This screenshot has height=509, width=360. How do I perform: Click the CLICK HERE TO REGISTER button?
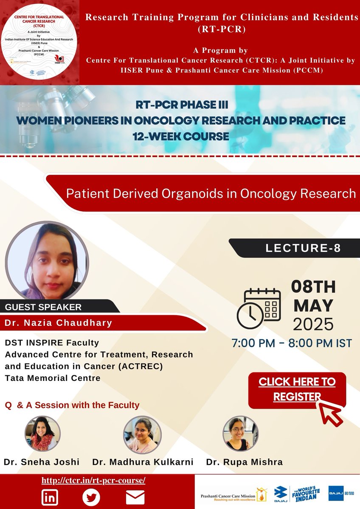click(x=297, y=389)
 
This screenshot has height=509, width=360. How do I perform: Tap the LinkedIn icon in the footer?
click(x=50, y=497)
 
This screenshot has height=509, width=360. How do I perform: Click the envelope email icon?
click(x=135, y=497)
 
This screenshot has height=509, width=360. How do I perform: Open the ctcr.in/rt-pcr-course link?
click(x=93, y=481)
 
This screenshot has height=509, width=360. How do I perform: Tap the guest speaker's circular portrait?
click(x=47, y=260)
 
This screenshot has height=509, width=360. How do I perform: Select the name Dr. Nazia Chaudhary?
click(x=59, y=323)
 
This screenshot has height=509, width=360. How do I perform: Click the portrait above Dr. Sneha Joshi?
click(x=42, y=433)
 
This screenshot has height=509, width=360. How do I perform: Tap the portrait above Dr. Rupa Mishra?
click(x=240, y=433)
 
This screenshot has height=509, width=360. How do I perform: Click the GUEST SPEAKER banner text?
click(x=43, y=307)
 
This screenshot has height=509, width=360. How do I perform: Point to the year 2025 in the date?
click(x=313, y=324)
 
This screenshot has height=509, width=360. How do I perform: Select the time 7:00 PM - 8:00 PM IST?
click(x=292, y=343)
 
